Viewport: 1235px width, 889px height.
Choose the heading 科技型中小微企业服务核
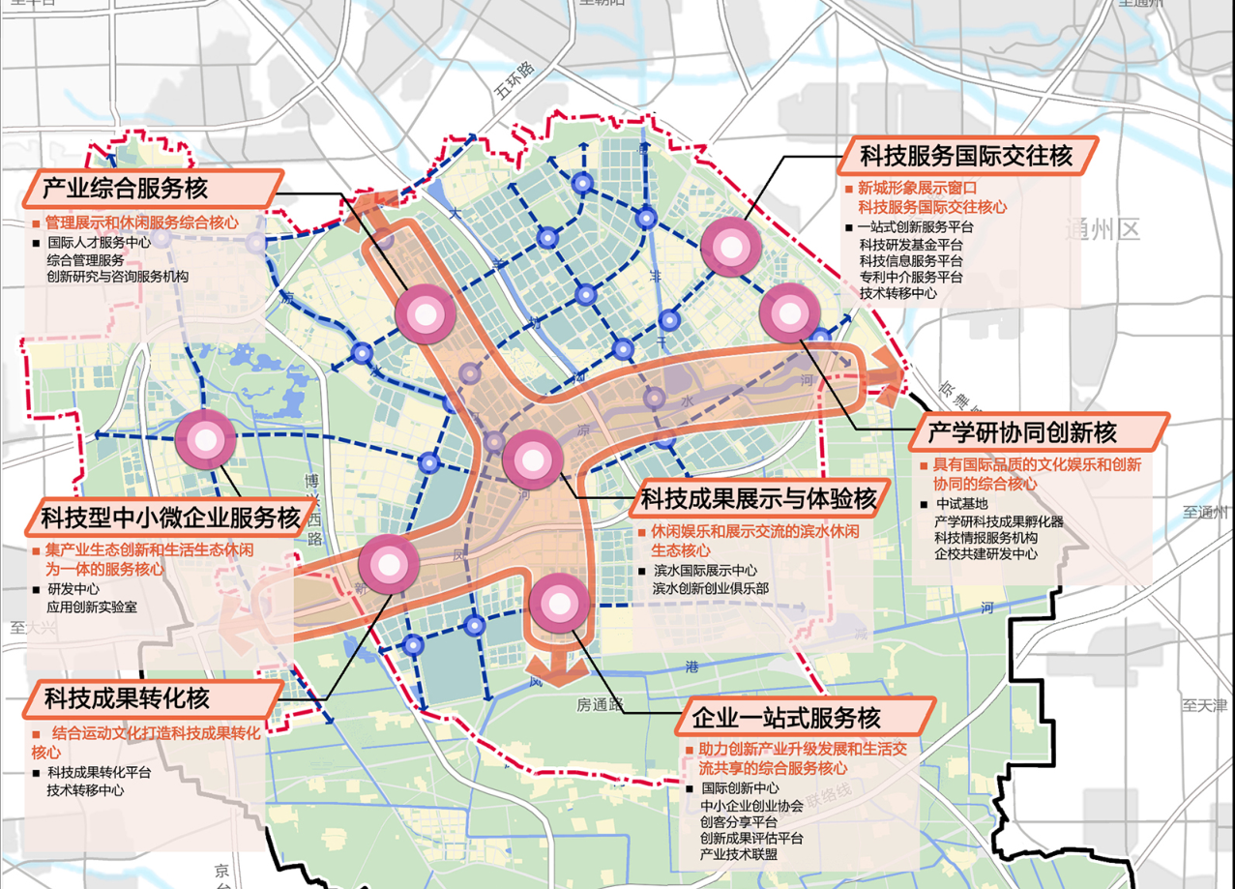(170, 518)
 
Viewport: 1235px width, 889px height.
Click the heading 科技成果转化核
(127, 697)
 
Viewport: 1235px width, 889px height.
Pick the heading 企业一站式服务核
(786, 719)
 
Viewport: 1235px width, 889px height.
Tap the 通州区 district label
(1103, 230)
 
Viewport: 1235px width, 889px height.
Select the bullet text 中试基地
(962, 504)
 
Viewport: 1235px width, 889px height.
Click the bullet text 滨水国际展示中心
(704, 571)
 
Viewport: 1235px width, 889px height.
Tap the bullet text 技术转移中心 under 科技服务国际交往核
(897, 293)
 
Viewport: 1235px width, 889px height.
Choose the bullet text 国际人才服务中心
(99, 244)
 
